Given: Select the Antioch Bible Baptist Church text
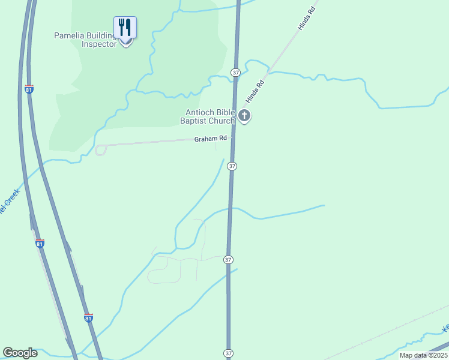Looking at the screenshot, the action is pos(210,116).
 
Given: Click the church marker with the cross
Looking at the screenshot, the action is pos(244,115).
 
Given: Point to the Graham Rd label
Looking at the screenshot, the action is pos(210,139).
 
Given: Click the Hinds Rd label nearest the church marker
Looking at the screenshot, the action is pos(255,92).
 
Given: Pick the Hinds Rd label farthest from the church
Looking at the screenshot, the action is pos(306,20).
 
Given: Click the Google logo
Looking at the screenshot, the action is pos(20,353).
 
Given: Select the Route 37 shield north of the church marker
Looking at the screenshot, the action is pos(235,72).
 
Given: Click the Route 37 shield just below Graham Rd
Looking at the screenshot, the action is pos(232,166).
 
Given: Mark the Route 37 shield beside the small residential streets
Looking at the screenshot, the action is pos(228,259).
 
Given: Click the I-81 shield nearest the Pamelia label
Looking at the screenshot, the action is pos(29,89).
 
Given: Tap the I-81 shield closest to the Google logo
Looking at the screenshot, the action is pos(88,317).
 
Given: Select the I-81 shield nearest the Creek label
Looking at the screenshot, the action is pos(40,244).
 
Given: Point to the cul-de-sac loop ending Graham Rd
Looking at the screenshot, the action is pos(100,150).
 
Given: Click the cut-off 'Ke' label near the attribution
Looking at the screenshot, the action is pos(445,328).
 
